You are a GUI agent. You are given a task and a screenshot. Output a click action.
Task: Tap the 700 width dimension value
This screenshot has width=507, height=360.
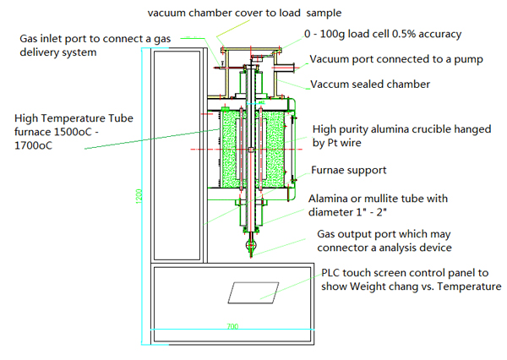(x=232, y=325)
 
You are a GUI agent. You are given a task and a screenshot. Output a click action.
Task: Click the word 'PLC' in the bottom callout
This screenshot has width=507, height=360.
(x=333, y=274)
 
